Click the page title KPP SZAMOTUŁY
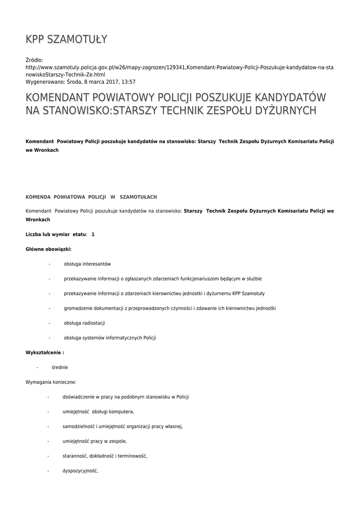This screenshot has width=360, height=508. click(67, 39)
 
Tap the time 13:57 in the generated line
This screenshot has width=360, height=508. click(129, 82)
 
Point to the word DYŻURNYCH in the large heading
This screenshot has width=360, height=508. click(284, 110)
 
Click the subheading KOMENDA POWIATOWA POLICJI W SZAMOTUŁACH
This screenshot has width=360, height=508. click(91, 197)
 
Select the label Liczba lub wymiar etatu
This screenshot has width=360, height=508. click(56, 234)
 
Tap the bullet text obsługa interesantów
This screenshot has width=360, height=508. click(87, 264)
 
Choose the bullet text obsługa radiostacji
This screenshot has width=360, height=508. click(84, 323)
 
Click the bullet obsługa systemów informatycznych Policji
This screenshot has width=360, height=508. click(110, 338)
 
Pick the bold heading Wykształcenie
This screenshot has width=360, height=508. click(45, 353)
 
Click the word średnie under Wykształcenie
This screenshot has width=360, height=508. click(60, 368)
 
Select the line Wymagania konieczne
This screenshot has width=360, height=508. click(51, 382)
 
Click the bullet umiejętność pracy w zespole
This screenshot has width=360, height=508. click(94, 441)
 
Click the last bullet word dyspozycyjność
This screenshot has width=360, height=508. click(80, 471)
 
